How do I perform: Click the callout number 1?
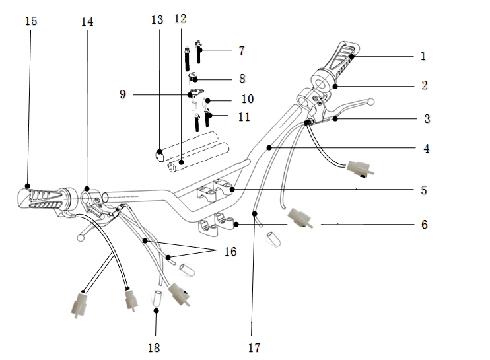(x=423, y=56)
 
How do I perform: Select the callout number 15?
(x=31, y=21)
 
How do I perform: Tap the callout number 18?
(x=154, y=348)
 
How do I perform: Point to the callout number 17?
(x=254, y=348)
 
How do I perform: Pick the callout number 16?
(x=230, y=252)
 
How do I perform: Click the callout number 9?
(x=123, y=94)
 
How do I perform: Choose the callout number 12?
(x=180, y=18)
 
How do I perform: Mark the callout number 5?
(x=424, y=190)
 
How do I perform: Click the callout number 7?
(x=242, y=51)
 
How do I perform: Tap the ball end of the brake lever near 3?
(x=370, y=102)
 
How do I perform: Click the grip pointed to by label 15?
(x=47, y=200)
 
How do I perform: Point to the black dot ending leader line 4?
(x=269, y=148)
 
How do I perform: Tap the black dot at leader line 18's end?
(x=156, y=310)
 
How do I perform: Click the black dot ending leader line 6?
(x=236, y=224)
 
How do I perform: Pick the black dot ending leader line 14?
(x=87, y=189)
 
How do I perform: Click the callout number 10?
(x=248, y=99)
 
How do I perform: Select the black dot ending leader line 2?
(x=335, y=87)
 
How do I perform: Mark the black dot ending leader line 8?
(x=195, y=80)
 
